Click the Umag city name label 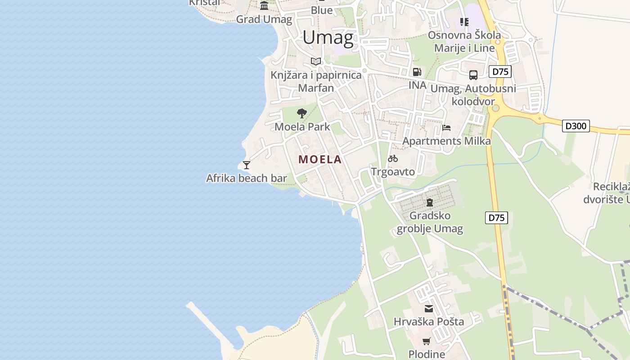pyautogui.click(x=328, y=37)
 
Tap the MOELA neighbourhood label pyautogui.click(x=320, y=159)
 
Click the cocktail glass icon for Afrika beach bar pyautogui.click(x=246, y=165)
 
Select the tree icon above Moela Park pyautogui.click(x=302, y=113)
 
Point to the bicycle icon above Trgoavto pyautogui.click(x=393, y=158)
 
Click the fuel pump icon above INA pyautogui.click(x=417, y=72)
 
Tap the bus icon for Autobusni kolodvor pyautogui.click(x=473, y=75)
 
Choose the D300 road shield pyautogui.click(x=576, y=126)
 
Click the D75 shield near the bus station pyautogui.click(x=500, y=72)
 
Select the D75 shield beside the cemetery pyautogui.click(x=496, y=218)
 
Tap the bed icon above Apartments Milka pyautogui.click(x=446, y=128)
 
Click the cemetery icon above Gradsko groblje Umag pyautogui.click(x=429, y=202)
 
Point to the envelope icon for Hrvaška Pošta pyautogui.click(x=428, y=309)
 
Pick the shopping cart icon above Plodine pyautogui.click(x=426, y=341)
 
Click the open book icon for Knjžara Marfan pyautogui.click(x=316, y=61)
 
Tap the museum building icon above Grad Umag pyautogui.click(x=264, y=6)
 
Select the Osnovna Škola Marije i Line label pyautogui.click(x=464, y=41)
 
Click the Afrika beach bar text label pyautogui.click(x=246, y=178)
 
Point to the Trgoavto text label pyautogui.click(x=393, y=171)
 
